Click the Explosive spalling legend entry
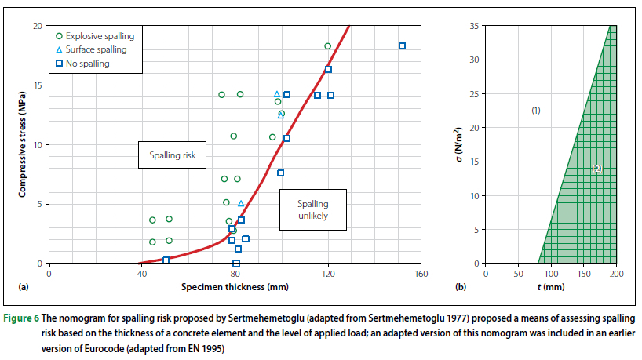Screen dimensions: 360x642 pos(94,36)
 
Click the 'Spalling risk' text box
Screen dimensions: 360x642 pos(172,155)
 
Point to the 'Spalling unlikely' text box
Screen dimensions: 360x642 pos(312,209)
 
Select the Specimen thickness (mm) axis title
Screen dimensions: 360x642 pos(235,287)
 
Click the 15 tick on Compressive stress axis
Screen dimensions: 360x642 pos(38,85)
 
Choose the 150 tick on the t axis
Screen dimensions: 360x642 pos(583,274)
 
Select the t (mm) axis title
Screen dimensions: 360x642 pos(550,287)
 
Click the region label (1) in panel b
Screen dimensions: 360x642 pos(536,111)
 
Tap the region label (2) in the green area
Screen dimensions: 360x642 pos(596,169)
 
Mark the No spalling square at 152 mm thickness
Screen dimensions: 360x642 pos(403,46)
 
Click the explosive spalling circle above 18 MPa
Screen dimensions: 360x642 pos(328,46)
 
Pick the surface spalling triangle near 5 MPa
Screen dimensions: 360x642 pos(241,203)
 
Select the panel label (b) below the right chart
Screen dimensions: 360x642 pos(461,287)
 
